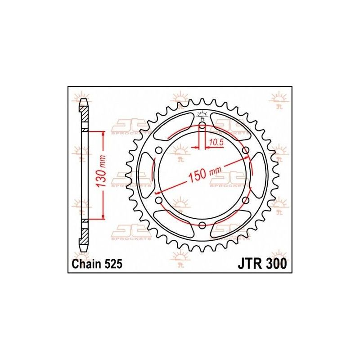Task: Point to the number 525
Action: click(112, 265)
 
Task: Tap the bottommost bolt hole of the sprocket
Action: click(202, 225)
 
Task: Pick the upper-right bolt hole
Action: click(245, 150)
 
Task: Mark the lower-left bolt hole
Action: click(158, 200)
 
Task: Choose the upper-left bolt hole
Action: click(158, 150)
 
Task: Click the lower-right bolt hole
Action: click(245, 200)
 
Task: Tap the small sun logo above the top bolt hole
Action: click(202, 114)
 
